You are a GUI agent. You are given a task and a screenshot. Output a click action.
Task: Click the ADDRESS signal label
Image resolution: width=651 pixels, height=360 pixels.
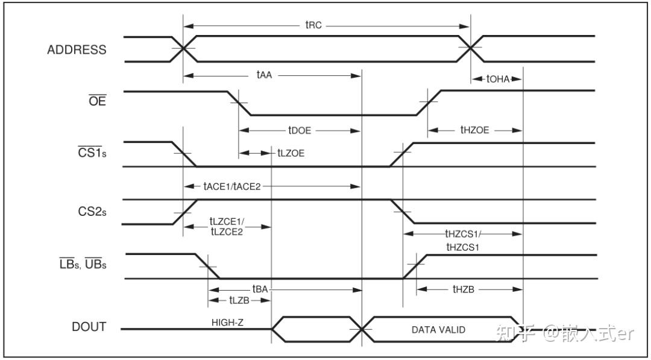click(x=77, y=50)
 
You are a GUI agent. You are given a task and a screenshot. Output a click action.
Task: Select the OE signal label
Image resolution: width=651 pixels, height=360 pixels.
click(x=98, y=101)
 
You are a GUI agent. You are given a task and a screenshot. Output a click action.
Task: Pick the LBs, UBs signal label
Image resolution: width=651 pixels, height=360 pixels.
click(x=83, y=264)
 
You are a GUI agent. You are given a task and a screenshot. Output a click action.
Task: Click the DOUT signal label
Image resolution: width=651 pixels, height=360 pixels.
click(x=89, y=327)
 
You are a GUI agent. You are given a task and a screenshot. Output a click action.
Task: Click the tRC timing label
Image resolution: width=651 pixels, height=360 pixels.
click(x=313, y=26)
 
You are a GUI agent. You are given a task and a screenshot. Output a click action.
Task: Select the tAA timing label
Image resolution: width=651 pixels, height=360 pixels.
click(x=265, y=75)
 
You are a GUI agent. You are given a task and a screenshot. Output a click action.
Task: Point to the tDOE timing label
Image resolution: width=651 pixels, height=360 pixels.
click(x=300, y=130)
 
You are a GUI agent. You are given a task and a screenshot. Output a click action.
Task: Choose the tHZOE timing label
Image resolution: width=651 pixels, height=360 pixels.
click(x=475, y=130)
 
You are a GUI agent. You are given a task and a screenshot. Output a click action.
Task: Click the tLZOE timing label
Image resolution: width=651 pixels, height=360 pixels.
click(x=291, y=153)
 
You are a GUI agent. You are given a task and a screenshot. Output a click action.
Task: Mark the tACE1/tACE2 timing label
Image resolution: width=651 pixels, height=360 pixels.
click(x=232, y=186)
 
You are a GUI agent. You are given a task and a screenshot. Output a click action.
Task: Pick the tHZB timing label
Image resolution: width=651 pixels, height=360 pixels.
click(x=464, y=289)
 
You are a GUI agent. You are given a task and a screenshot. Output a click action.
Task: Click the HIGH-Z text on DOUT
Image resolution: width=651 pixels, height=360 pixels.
click(x=227, y=322)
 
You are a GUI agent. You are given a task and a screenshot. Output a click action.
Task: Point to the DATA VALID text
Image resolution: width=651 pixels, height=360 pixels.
click(x=438, y=330)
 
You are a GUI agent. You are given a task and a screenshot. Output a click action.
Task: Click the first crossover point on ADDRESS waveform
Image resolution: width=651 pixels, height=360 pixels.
click(x=183, y=49)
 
